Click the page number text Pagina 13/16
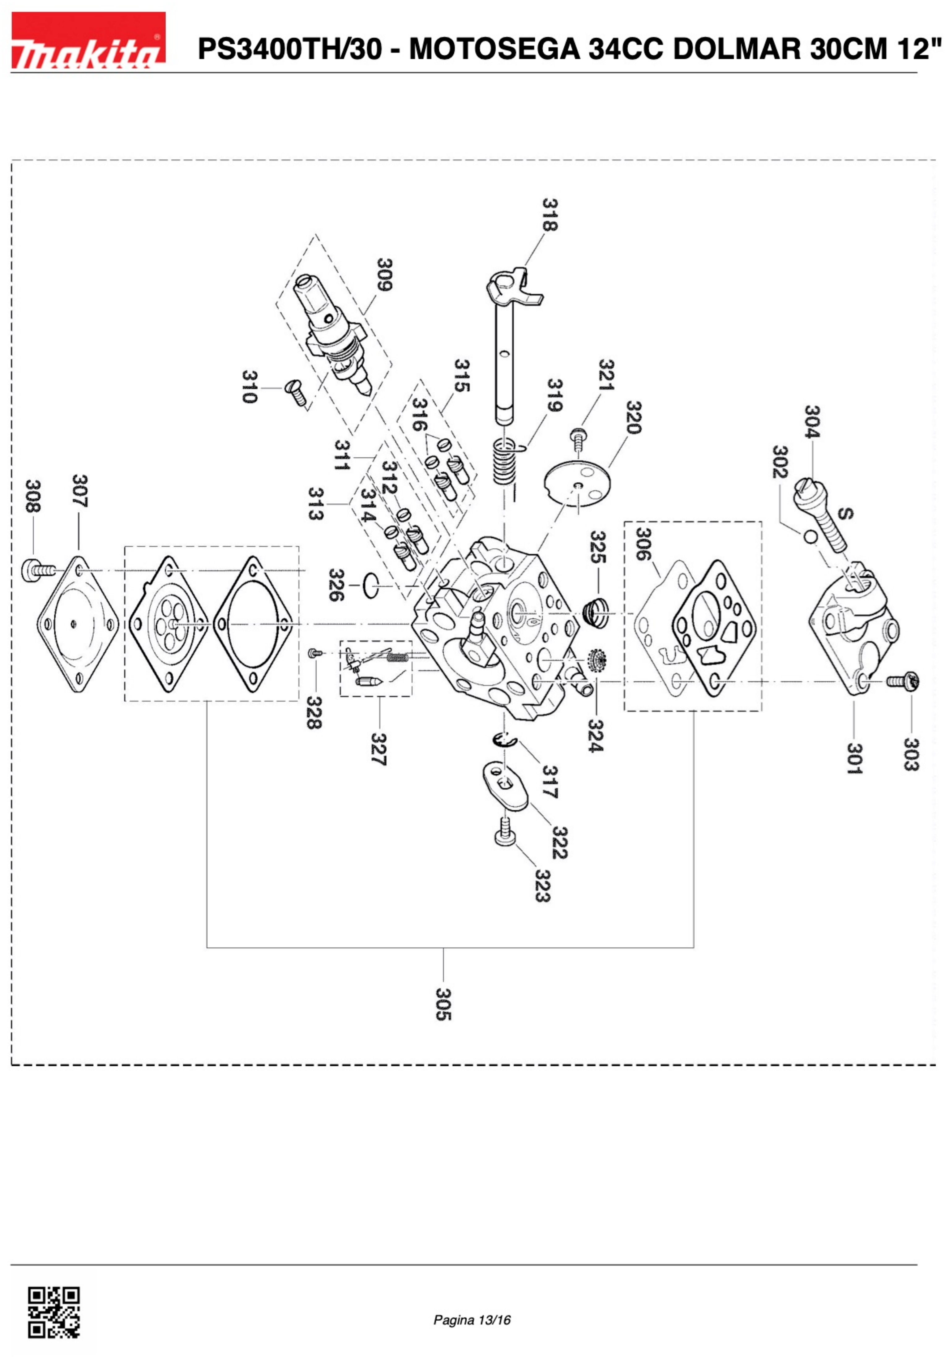pos(472,1319)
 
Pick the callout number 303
pos(911,754)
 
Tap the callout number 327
pos(378,749)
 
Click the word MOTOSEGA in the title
pos(494,49)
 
